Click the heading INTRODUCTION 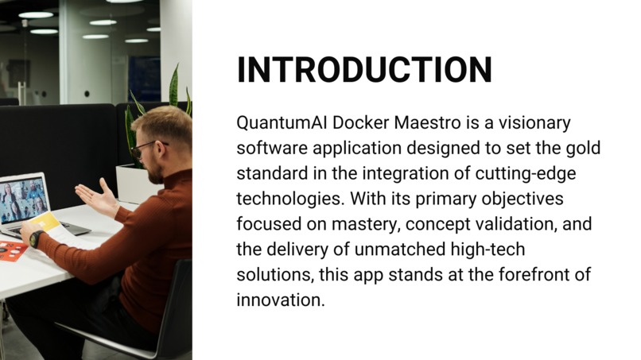tap(364, 70)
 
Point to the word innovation tap(281, 300)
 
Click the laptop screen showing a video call tap(21, 198)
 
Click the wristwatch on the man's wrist tap(35, 238)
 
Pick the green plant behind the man tap(171, 99)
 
